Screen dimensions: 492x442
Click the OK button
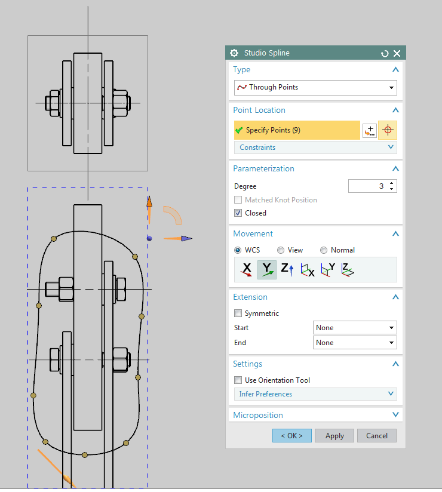(x=292, y=436)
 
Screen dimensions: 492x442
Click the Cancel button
(x=376, y=436)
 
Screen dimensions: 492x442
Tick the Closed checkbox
(x=238, y=213)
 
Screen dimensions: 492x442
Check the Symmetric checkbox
(x=238, y=313)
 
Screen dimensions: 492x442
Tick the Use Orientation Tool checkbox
(x=238, y=380)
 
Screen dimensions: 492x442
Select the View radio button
(x=281, y=250)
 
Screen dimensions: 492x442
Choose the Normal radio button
(x=324, y=250)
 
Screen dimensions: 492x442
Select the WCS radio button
(x=238, y=250)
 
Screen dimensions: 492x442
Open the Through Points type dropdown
(x=315, y=87)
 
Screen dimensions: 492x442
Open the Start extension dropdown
(x=355, y=328)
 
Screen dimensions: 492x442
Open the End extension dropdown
(x=355, y=343)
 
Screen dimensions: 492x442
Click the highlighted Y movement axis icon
(x=267, y=270)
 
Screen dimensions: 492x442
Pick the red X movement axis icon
(x=246, y=270)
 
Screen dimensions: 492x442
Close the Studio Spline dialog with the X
(x=397, y=53)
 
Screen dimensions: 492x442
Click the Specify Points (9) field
(x=297, y=130)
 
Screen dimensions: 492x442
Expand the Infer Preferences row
(x=315, y=394)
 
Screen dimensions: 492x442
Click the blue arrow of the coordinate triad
(x=186, y=238)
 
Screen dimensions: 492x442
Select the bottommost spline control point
(x=85, y=455)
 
